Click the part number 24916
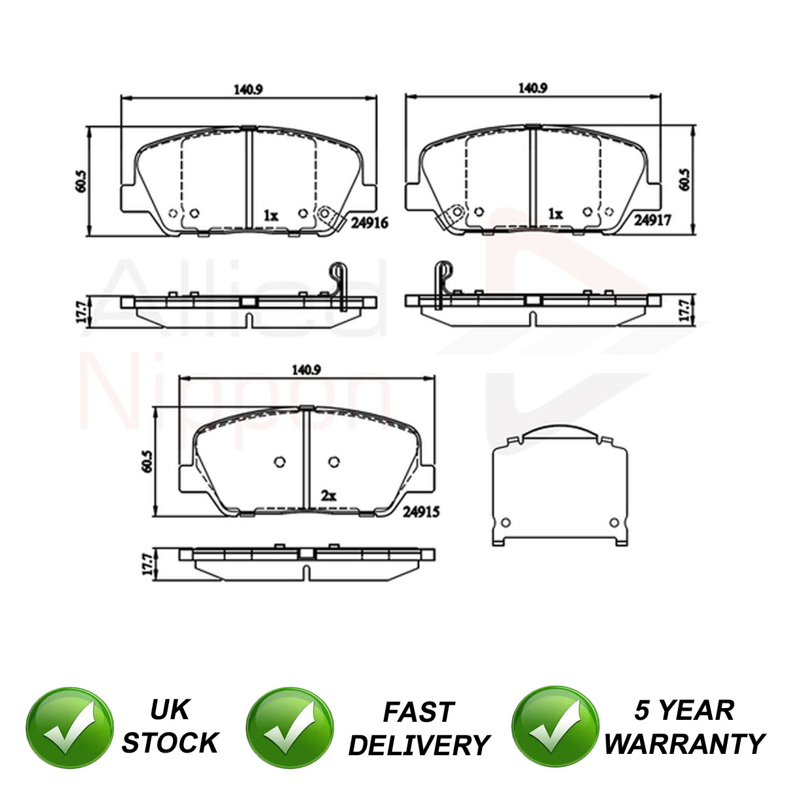tap(369, 223)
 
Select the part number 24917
tap(652, 221)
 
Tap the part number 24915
tap(421, 512)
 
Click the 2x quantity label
tap(328, 496)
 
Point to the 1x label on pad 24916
tap(271, 215)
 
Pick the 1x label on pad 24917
tap(555, 214)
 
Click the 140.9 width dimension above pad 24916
tap(248, 89)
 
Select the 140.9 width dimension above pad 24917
tap(533, 88)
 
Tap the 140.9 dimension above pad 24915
tap(307, 370)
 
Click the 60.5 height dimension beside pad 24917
tap(685, 179)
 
